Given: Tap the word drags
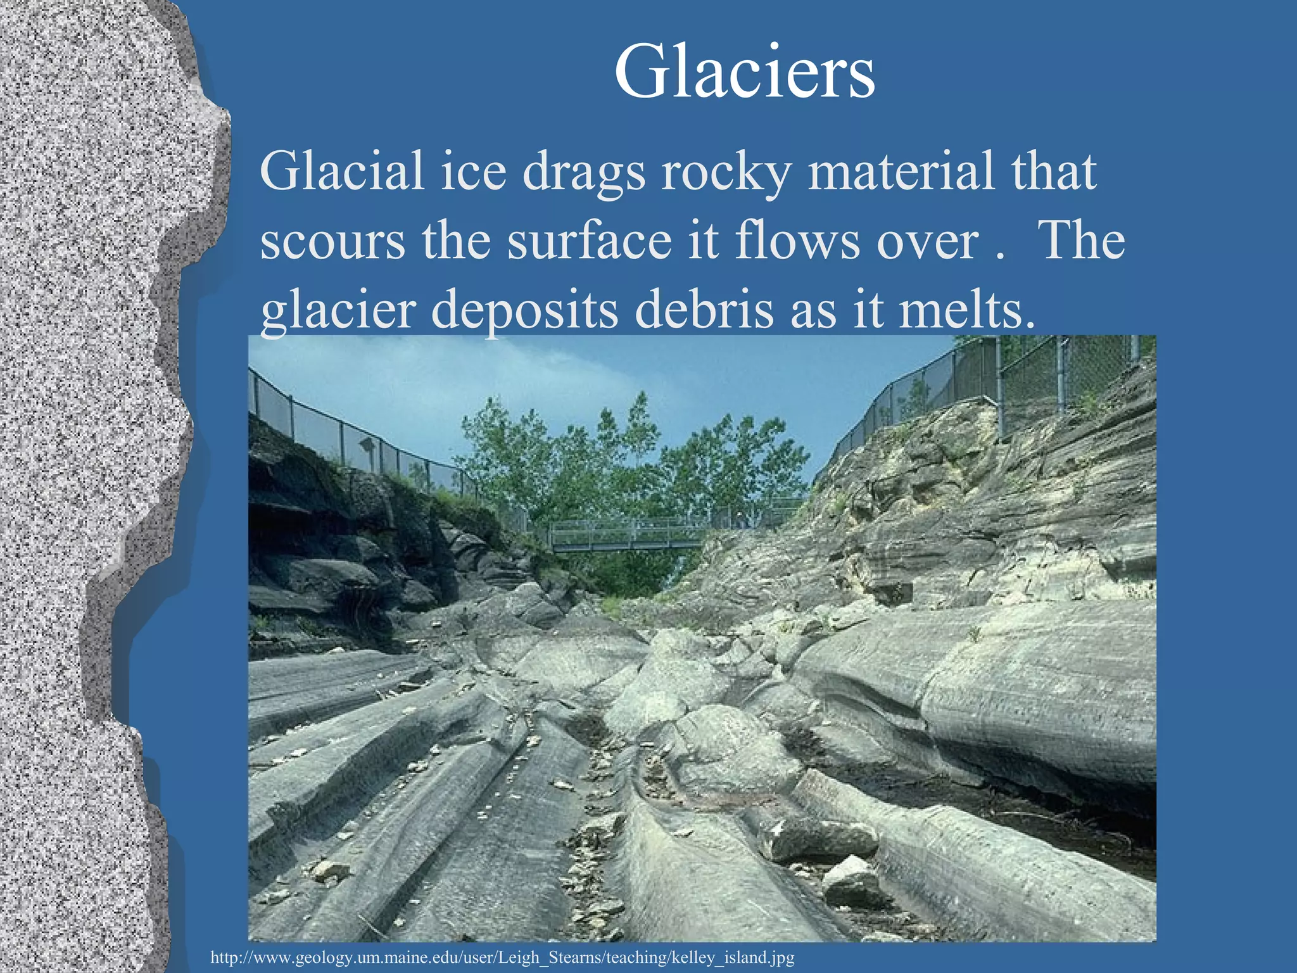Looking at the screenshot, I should point(583,172).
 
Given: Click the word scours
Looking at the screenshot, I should point(332,241).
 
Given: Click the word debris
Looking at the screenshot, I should point(703,310).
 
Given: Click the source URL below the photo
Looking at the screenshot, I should point(502,957).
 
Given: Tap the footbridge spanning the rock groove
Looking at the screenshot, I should point(627,536).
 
